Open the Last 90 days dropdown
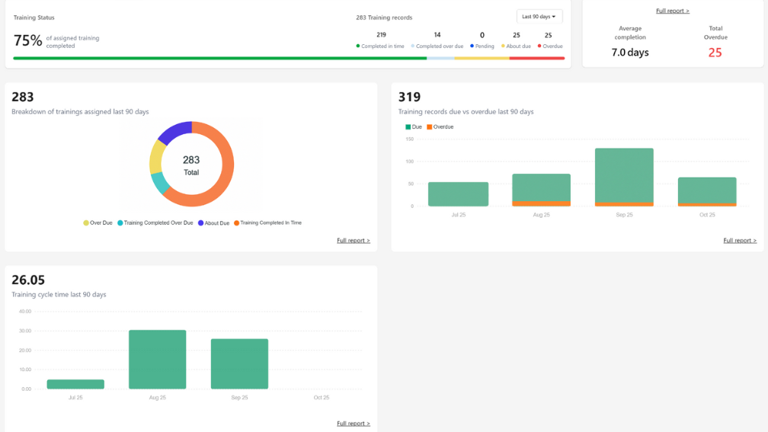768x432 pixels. pyautogui.click(x=539, y=16)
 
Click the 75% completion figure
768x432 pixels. pyautogui.click(x=27, y=41)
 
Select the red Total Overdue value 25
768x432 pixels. pyautogui.click(x=715, y=53)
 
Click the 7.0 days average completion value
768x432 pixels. pyautogui.click(x=630, y=53)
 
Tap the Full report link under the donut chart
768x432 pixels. pyautogui.click(x=354, y=240)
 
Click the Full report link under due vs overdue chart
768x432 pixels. pyautogui.click(x=740, y=240)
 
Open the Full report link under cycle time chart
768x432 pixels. pyautogui.click(x=354, y=423)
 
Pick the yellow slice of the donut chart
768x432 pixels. pyautogui.click(x=157, y=158)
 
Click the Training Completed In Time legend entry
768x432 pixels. pyautogui.click(x=267, y=223)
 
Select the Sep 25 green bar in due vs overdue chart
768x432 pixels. pyautogui.click(x=624, y=174)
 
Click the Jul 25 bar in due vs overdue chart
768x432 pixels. pyautogui.click(x=458, y=194)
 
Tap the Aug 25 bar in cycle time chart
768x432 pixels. pyautogui.click(x=158, y=359)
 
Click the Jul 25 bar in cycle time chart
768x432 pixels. pyautogui.click(x=75, y=384)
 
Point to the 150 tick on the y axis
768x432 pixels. pyautogui.click(x=409, y=139)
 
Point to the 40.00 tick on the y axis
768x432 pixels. pyautogui.click(x=24, y=311)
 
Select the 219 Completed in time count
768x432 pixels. pyautogui.click(x=381, y=35)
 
